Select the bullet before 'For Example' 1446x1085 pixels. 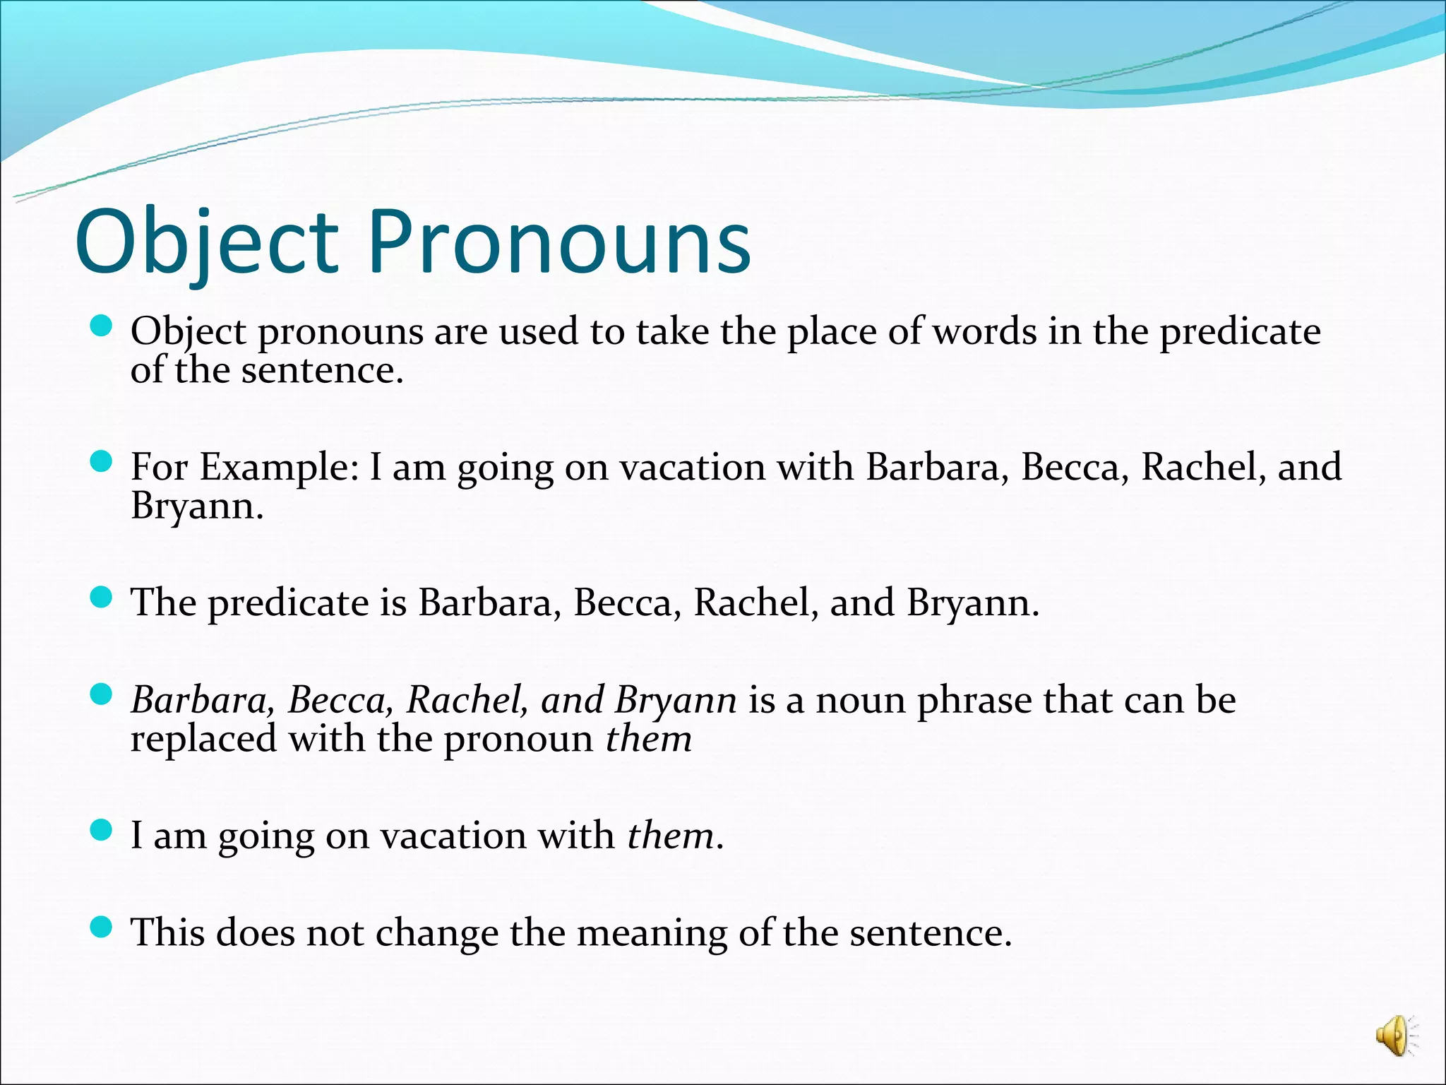(x=102, y=462)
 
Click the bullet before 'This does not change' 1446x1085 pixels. (x=102, y=927)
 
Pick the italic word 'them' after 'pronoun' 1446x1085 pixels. (x=648, y=739)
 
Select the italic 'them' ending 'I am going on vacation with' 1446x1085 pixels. (x=670, y=836)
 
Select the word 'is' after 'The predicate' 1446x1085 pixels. (x=393, y=603)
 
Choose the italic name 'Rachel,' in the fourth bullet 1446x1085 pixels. (x=467, y=700)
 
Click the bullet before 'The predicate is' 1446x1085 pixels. (x=102, y=598)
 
